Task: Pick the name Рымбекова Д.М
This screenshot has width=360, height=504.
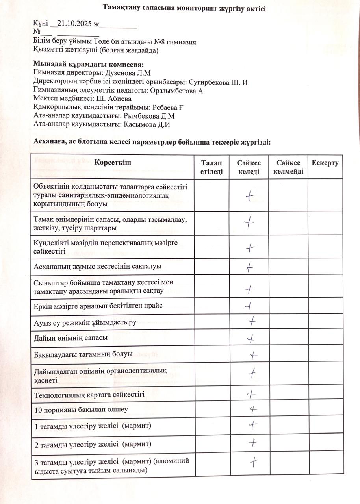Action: (149, 116)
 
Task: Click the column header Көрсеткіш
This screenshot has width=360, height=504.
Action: (112, 163)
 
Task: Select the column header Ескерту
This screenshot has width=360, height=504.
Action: (325, 163)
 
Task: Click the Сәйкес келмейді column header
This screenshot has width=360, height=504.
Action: (288, 167)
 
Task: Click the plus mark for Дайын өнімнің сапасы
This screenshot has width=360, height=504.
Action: (251, 338)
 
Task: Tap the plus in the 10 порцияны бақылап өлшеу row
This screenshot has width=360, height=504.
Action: (253, 409)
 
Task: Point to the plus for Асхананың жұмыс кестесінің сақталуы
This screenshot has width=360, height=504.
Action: (249, 267)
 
